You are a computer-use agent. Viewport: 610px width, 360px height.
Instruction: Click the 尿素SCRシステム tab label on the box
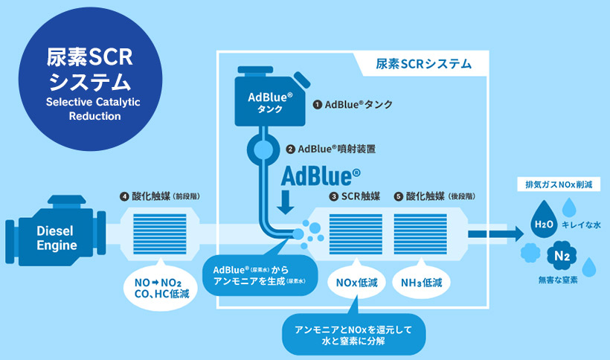pos(423,64)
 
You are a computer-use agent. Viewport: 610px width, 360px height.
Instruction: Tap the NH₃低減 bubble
pos(422,283)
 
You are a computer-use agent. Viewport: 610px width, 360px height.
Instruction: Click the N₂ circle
pos(562,257)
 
